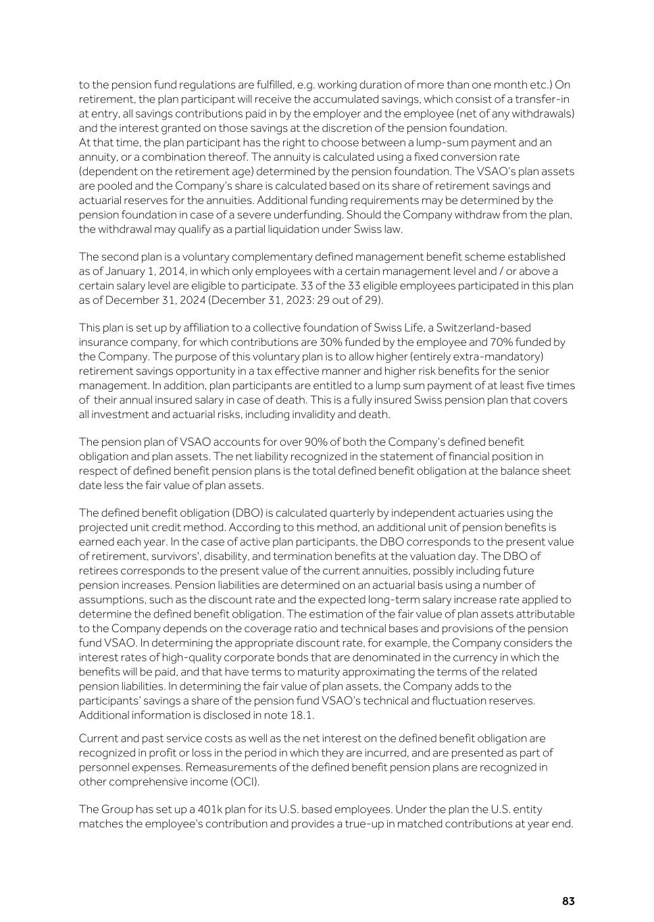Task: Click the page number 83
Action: tap(568, 902)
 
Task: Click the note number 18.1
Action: tap(302, 715)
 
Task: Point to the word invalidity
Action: tap(324, 414)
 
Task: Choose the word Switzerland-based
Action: tap(466, 328)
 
